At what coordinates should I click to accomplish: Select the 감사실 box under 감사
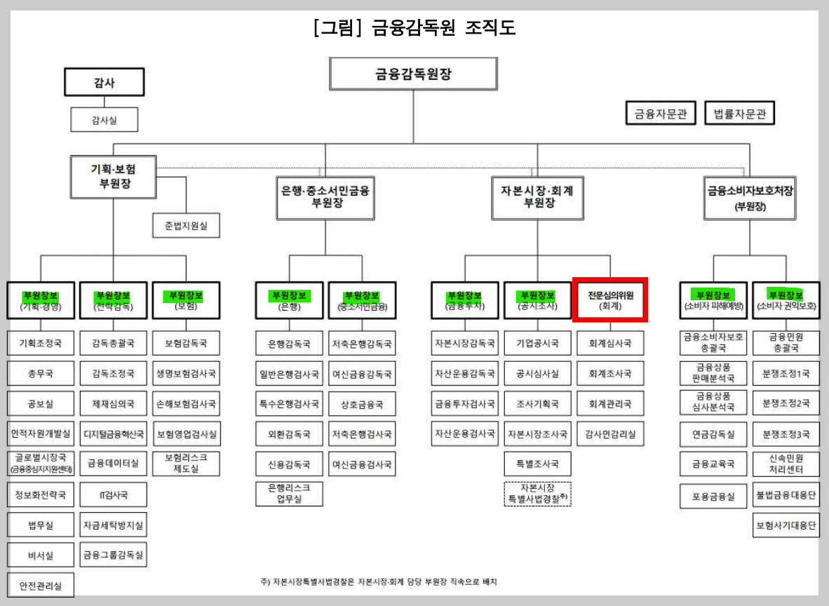pyautogui.click(x=104, y=120)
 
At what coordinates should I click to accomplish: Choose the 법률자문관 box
pyautogui.click(x=739, y=113)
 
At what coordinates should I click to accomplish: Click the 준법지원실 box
pyautogui.click(x=186, y=226)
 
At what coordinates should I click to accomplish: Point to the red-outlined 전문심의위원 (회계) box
pyautogui.click(x=609, y=299)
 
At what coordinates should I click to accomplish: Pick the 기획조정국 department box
pyautogui.click(x=41, y=344)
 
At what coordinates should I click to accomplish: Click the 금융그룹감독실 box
pyautogui.click(x=114, y=555)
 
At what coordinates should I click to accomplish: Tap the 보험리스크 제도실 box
pyautogui.click(x=186, y=464)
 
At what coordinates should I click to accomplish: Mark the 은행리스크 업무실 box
pyautogui.click(x=289, y=494)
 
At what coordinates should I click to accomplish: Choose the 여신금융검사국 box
pyautogui.click(x=362, y=464)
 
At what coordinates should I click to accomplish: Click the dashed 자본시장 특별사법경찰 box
pyautogui.click(x=538, y=494)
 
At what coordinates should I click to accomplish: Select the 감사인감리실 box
pyautogui.click(x=610, y=434)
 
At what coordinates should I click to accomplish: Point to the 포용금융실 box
pyautogui.click(x=713, y=495)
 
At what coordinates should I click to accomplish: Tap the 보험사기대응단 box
pyautogui.click(x=786, y=525)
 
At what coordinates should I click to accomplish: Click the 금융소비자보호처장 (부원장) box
pyautogui.click(x=750, y=197)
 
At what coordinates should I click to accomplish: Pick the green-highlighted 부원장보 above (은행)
pyautogui.click(x=289, y=295)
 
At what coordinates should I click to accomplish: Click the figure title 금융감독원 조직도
pyautogui.click(x=414, y=29)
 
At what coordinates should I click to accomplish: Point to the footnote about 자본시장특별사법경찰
pyautogui.click(x=379, y=581)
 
